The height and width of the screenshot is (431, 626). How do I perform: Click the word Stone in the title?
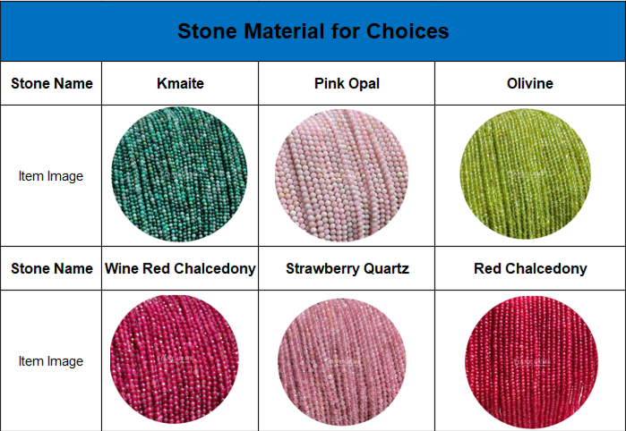tap(207, 31)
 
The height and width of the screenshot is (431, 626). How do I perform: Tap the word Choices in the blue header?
tap(407, 31)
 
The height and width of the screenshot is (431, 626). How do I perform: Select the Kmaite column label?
tap(180, 83)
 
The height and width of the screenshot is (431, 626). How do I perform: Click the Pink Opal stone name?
tap(347, 83)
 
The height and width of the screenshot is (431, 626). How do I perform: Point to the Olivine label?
tap(530, 83)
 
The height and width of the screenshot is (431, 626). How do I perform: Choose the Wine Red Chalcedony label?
tap(180, 268)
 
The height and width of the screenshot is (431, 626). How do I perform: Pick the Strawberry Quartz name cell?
tap(347, 268)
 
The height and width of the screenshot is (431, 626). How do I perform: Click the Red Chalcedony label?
tap(530, 268)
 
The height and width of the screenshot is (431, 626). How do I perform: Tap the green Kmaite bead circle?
tap(179, 174)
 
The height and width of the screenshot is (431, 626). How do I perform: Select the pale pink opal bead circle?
tap(341, 175)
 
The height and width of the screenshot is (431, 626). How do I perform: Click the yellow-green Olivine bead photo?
tap(526, 174)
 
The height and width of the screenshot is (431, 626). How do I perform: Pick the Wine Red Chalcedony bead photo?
tap(175, 359)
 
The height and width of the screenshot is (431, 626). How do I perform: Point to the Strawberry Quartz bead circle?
tap(342, 361)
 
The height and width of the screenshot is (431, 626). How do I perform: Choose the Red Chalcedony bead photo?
tap(531, 362)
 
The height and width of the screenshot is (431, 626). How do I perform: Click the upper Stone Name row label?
tap(52, 83)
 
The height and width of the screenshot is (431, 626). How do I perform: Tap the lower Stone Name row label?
tap(52, 268)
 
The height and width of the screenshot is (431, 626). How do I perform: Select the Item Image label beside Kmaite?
tap(51, 176)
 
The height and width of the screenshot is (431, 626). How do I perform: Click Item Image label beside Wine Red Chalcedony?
tap(51, 361)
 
